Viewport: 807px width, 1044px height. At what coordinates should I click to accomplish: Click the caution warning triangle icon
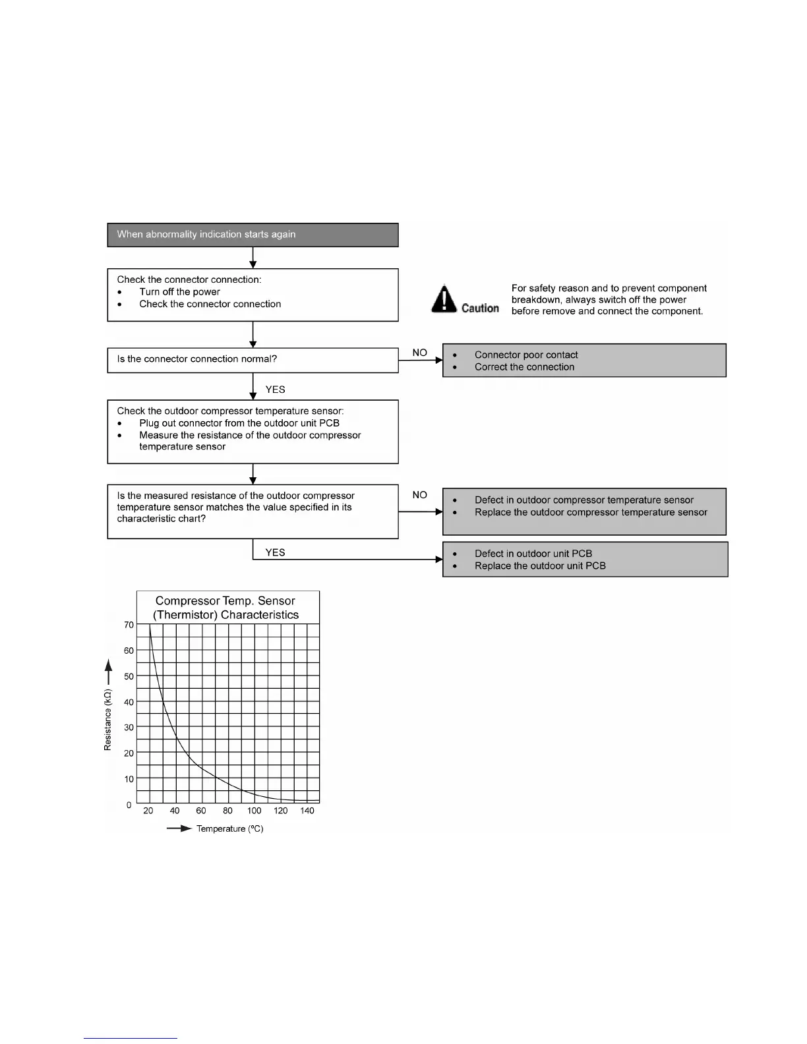[x=444, y=299]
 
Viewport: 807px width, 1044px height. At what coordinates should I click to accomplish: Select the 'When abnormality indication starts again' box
[x=253, y=235]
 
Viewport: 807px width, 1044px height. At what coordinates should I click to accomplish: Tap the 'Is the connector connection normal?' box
[x=253, y=360]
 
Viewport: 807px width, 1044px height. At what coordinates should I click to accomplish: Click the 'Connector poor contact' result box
[x=584, y=361]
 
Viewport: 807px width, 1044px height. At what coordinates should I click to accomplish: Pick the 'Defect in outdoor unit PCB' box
[x=585, y=560]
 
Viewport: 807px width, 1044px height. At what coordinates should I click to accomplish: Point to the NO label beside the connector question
[x=419, y=353]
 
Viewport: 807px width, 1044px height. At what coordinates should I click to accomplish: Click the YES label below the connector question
[x=275, y=390]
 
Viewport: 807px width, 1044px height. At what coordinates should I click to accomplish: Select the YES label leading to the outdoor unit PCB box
[x=275, y=552]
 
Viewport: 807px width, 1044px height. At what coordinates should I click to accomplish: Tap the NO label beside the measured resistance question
[x=419, y=495]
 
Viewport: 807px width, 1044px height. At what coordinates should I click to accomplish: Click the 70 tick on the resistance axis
[x=129, y=625]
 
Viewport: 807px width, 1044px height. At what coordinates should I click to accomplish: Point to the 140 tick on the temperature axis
[x=307, y=811]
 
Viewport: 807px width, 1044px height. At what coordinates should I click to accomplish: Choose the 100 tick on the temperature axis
[x=254, y=811]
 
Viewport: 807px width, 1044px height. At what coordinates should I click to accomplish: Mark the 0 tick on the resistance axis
[x=129, y=805]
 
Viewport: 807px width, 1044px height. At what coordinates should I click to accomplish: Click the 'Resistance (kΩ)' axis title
[x=108, y=720]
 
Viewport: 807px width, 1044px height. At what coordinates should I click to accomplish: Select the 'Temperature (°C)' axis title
[x=229, y=828]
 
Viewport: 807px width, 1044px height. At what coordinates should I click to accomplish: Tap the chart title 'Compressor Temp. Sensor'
[x=225, y=601]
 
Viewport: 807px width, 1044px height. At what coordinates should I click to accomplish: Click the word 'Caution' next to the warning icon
[x=480, y=308]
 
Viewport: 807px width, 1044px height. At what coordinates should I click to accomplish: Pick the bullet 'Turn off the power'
[x=179, y=292]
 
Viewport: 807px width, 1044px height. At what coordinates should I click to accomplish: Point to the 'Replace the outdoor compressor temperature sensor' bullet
[x=591, y=512]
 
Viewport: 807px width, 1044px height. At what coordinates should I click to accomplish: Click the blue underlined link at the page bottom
[x=131, y=1039]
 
